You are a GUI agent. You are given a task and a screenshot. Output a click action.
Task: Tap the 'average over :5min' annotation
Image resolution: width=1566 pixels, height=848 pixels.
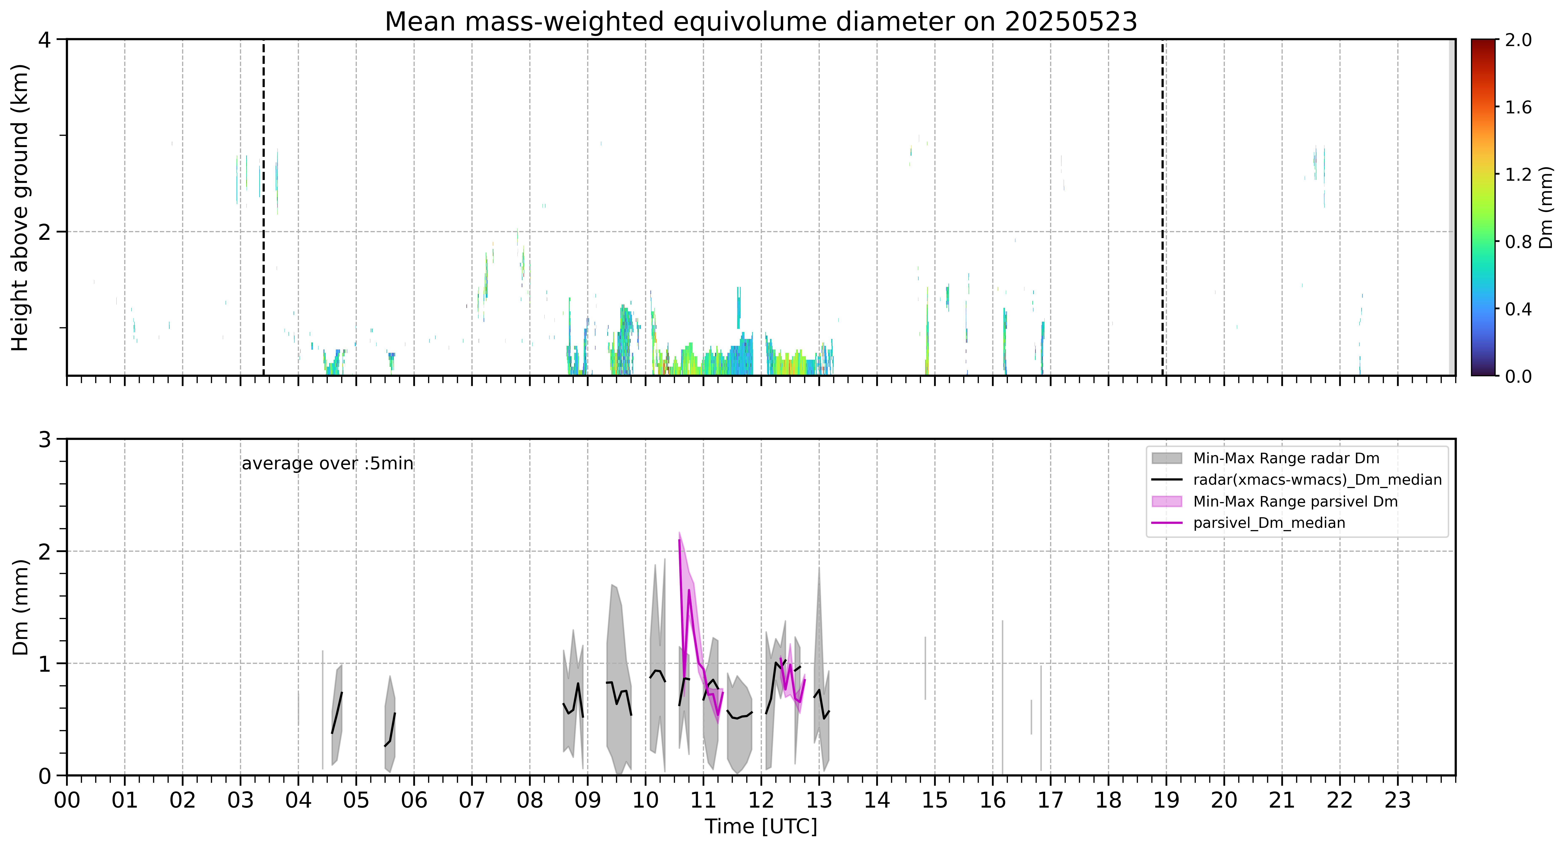tap(327, 464)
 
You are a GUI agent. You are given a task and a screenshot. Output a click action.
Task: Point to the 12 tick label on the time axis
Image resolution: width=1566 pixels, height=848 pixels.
tap(761, 800)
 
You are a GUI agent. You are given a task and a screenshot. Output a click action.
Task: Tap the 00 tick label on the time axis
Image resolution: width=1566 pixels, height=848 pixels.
tap(67, 800)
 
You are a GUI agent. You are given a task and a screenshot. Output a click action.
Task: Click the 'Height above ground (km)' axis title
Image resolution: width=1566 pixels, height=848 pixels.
tap(20, 207)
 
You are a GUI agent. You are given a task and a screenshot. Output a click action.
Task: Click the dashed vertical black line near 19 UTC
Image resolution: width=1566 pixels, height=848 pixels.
tap(1162, 207)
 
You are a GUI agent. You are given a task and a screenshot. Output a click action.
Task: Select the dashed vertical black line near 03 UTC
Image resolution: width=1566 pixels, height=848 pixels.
tap(263, 207)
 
